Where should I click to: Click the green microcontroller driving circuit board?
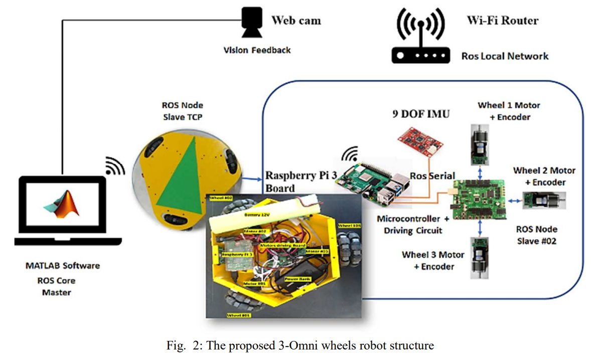point(480,199)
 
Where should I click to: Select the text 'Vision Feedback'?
point(257,50)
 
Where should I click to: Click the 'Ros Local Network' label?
point(505,56)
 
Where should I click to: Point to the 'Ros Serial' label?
point(432,176)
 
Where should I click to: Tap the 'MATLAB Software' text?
point(63,266)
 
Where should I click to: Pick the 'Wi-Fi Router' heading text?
point(502,21)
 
